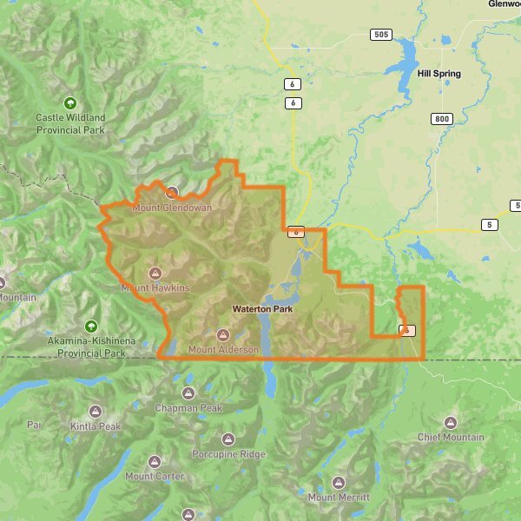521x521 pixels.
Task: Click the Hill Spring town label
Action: [x=439, y=74]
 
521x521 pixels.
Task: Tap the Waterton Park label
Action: [x=261, y=309]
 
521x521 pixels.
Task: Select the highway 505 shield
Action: [x=379, y=35]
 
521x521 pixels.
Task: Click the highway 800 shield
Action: [x=442, y=118]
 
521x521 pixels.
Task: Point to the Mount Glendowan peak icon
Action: [x=172, y=193]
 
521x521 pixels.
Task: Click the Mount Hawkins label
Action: [x=155, y=287]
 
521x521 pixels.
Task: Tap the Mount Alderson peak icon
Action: [x=223, y=335]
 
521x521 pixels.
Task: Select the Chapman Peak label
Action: [x=188, y=408]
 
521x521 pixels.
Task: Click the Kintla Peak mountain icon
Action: [x=96, y=411]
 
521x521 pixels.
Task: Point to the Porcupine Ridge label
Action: [x=228, y=454]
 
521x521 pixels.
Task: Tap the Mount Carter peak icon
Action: [x=155, y=461]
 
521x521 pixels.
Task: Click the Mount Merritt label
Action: [x=339, y=498]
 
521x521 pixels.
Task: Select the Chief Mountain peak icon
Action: [x=450, y=422]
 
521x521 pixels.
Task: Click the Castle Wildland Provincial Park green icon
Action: [x=70, y=102]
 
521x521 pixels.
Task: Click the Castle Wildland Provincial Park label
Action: [x=70, y=123]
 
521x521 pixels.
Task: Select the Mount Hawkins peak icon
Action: [x=155, y=272]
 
